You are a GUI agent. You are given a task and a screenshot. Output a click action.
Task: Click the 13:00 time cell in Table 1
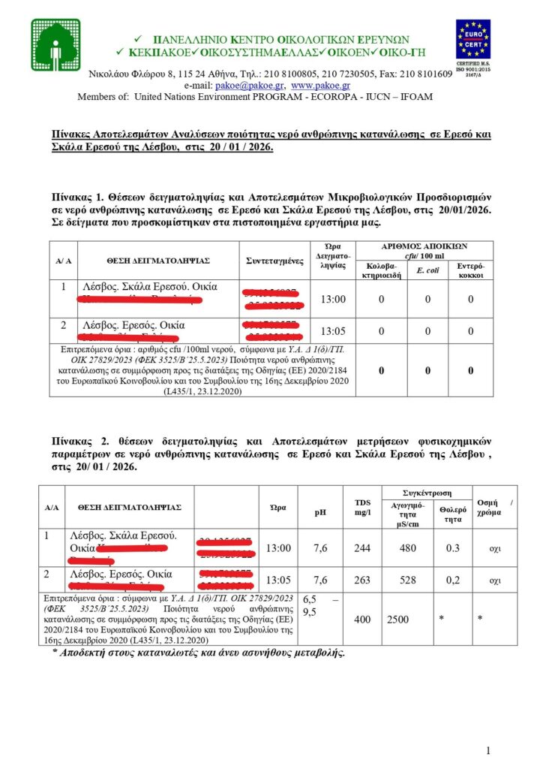[x=333, y=300]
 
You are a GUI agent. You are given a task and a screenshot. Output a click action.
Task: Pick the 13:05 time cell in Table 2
[x=278, y=580]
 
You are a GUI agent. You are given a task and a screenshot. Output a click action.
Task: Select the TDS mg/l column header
[x=362, y=507]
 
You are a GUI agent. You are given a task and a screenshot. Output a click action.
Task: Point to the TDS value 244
[x=362, y=548]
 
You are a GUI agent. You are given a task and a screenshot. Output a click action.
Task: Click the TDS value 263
[x=362, y=580]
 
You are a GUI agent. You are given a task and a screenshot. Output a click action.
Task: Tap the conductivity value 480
[x=407, y=548]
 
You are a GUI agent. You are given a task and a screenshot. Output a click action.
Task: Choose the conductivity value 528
[x=407, y=580]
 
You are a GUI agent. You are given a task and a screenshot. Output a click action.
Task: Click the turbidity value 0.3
[x=452, y=548]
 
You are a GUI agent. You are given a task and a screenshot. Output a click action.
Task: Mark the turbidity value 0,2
[x=452, y=580]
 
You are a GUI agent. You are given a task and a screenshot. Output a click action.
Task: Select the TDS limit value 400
[x=362, y=618]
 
